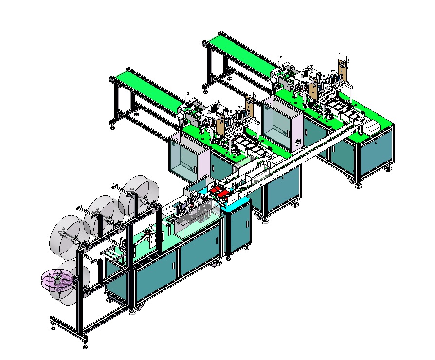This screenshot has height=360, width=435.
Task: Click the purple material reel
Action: click(58, 281)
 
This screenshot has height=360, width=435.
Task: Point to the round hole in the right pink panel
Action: click(298, 143)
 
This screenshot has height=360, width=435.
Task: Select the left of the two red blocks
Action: click(214, 190)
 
